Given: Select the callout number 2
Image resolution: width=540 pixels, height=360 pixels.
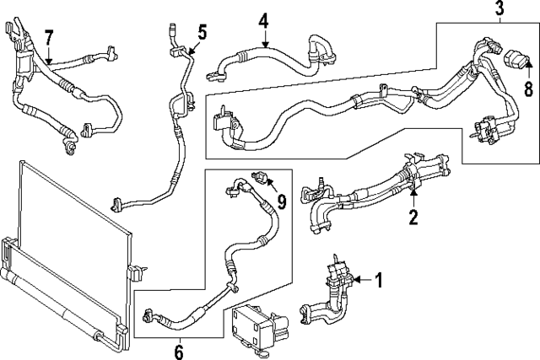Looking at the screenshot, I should pos(414,218).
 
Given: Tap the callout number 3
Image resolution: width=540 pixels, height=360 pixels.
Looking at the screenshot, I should pos(499,9).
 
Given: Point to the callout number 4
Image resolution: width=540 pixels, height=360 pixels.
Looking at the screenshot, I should pos(263,19).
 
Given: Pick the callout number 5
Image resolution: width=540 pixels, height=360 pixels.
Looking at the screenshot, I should pos(202,32).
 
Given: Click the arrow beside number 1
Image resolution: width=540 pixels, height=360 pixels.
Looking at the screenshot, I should pos(359,280).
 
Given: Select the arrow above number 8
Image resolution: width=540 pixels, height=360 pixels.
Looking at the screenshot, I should pos(529,71).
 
